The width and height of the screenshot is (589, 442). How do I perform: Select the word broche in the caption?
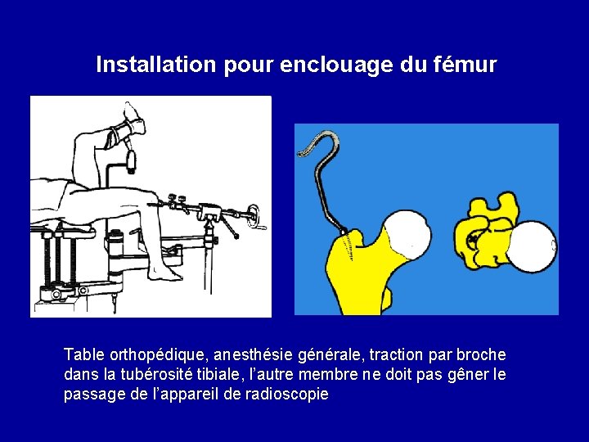pyautogui.click(x=481, y=355)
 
